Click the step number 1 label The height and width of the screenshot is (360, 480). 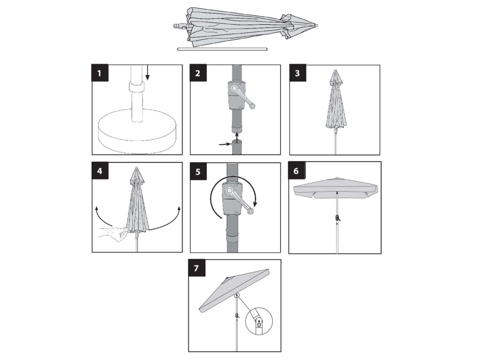(100, 73)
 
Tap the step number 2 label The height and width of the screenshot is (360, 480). (198, 73)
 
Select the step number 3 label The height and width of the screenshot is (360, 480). (298, 73)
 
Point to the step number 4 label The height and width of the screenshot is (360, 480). (100, 171)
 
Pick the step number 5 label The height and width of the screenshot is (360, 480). (198, 172)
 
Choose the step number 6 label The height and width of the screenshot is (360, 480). (296, 171)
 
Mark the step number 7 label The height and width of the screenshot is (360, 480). (196, 268)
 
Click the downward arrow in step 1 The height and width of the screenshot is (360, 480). (148, 73)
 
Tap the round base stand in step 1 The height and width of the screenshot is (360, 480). (137, 131)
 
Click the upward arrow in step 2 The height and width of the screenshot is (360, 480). (237, 136)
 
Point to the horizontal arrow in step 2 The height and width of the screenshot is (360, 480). (225, 143)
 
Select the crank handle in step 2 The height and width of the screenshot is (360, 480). (243, 97)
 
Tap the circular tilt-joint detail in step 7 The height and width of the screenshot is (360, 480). (259, 321)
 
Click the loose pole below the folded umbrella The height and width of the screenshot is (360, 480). (222, 49)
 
